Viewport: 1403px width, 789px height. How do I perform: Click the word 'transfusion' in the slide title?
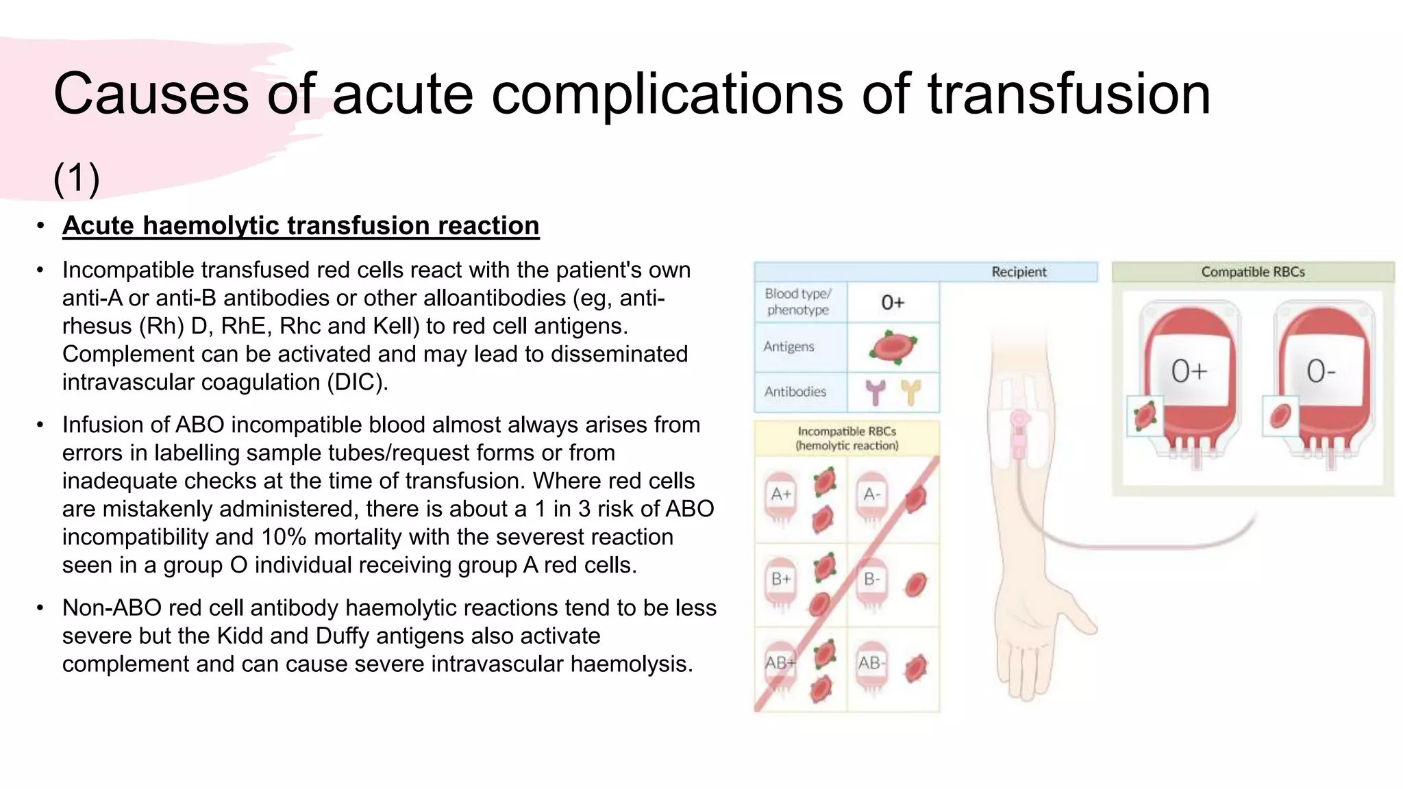pyautogui.click(x=1069, y=94)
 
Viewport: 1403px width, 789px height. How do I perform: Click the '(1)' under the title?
pyautogui.click(x=77, y=178)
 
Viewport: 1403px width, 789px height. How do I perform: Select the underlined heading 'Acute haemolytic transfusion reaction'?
pyautogui.click(x=301, y=225)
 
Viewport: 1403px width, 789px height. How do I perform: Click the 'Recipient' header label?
pyautogui.click(x=1019, y=272)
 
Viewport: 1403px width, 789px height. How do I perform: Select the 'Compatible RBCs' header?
pyautogui.click(x=1252, y=272)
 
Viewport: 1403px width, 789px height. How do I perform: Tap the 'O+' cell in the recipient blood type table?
pyautogui.click(x=893, y=302)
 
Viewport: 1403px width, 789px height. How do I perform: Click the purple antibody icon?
pyautogui.click(x=876, y=392)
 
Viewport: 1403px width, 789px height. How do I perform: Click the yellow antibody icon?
pyautogui.click(x=910, y=392)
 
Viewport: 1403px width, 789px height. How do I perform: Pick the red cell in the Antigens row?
pyautogui.click(x=893, y=347)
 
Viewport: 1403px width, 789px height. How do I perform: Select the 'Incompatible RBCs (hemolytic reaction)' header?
pyautogui.click(x=847, y=438)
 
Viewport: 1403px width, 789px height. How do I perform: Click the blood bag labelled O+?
pyautogui.click(x=1191, y=384)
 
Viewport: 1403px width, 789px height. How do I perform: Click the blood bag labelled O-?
pyautogui.click(x=1324, y=384)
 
